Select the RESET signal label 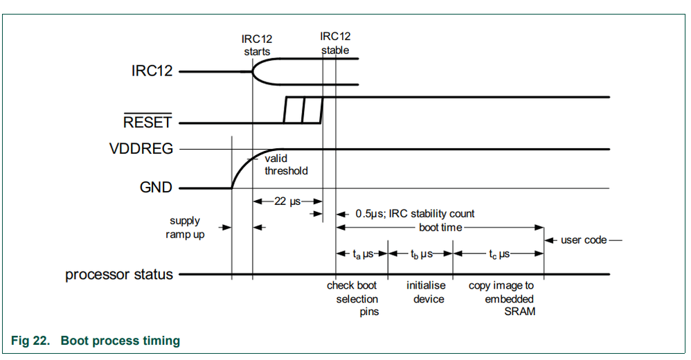[x=147, y=123]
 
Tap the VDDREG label [x=141, y=149]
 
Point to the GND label [x=155, y=188]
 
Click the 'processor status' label [x=119, y=274]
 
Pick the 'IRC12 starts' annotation [x=257, y=46]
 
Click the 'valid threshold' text [x=286, y=164]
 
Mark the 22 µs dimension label [x=287, y=201]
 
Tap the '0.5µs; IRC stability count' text [x=415, y=214]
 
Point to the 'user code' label [x=583, y=240]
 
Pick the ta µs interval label [x=363, y=254]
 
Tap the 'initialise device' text [x=425, y=292]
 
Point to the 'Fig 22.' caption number [x=29, y=340]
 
